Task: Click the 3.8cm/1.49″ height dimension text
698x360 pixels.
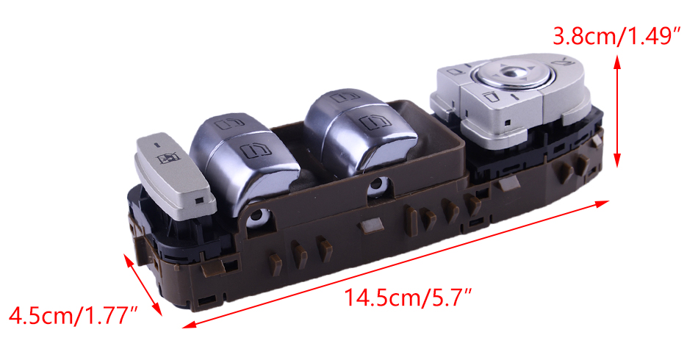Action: (x=617, y=35)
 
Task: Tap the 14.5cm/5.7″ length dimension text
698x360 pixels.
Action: (x=408, y=298)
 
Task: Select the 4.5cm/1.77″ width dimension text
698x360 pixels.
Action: (x=73, y=315)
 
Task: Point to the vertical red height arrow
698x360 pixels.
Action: (x=617, y=111)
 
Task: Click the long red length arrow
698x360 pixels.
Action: (x=395, y=264)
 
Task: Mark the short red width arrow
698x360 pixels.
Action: (x=143, y=285)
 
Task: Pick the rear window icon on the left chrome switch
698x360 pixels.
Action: (x=229, y=123)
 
